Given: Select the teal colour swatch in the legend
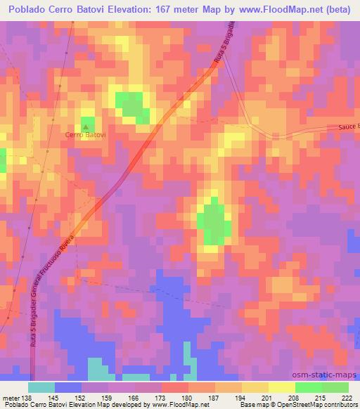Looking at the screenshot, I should pyautogui.click(x=41, y=387).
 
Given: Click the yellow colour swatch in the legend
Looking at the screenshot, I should pyautogui.click(x=281, y=387).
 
